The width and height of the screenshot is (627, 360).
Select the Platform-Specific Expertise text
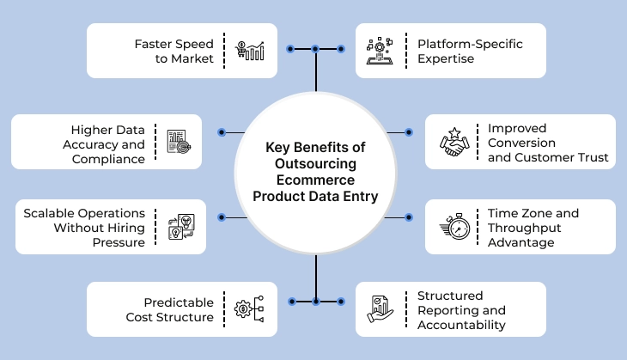point(469,50)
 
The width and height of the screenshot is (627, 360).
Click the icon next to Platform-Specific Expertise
point(379,50)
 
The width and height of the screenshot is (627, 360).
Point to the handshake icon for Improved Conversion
point(452,143)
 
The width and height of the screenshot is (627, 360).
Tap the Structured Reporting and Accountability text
point(462,310)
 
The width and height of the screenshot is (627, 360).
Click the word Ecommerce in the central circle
point(315,181)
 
